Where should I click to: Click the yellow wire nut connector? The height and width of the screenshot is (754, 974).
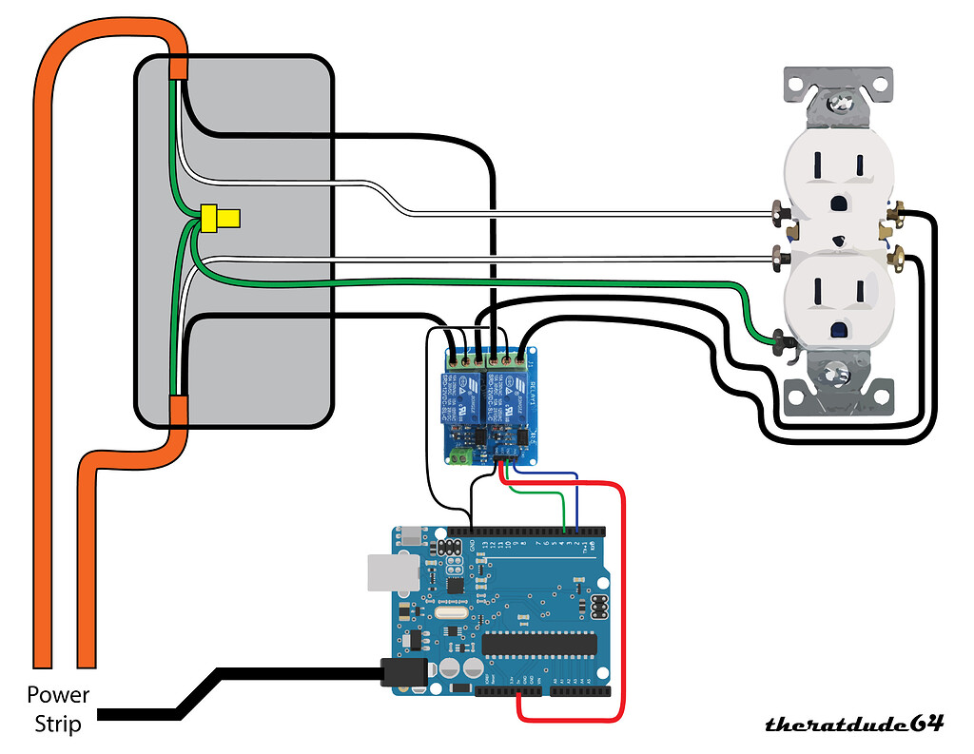[x=219, y=220]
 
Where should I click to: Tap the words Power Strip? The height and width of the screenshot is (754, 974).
[x=58, y=709]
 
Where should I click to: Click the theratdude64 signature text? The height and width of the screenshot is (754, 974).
[x=854, y=724]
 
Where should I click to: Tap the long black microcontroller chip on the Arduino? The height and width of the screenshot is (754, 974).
[x=538, y=645]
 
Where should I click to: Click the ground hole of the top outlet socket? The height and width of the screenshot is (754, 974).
[x=838, y=203]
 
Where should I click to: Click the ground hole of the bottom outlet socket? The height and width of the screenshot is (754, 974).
[x=838, y=330]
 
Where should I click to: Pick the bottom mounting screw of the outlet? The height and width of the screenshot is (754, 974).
[x=837, y=375]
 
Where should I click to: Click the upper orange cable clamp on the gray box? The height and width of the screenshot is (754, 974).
[x=179, y=68]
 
